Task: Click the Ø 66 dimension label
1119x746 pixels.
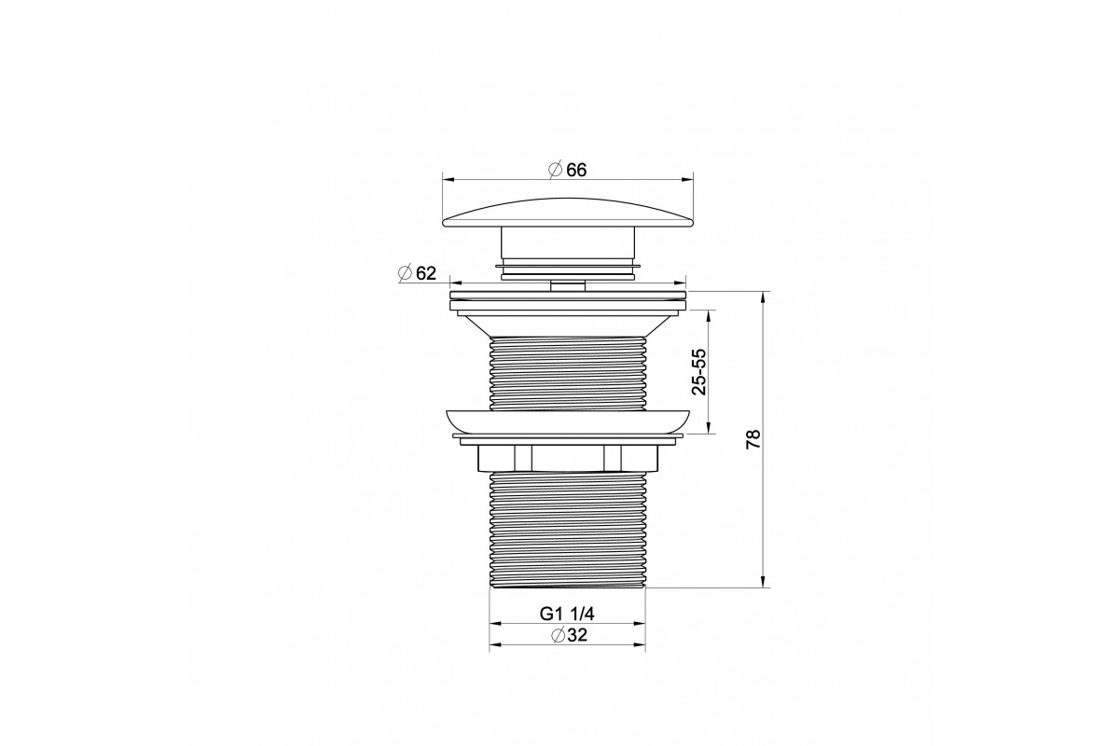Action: pos(567,170)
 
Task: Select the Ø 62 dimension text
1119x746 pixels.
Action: pos(417,273)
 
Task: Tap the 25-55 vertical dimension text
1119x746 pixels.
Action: pos(699,372)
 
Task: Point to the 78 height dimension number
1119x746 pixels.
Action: pos(753,439)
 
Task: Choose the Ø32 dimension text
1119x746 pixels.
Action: pos(569,635)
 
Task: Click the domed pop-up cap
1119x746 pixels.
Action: pos(568,214)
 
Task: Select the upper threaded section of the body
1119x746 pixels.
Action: pos(568,373)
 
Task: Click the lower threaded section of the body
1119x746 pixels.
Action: pos(567,530)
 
